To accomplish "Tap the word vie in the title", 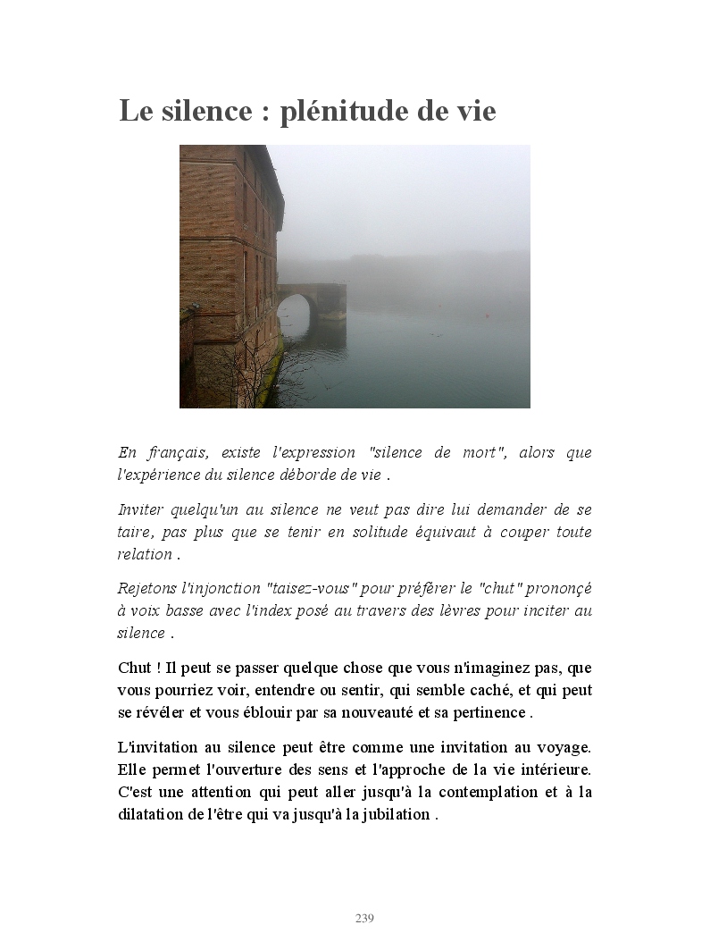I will pyautogui.click(x=470, y=113).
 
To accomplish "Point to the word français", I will pyautogui.click(x=174, y=452).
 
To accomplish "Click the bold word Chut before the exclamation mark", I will pyautogui.click(x=134, y=668).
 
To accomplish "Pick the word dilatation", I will pyautogui.click(x=149, y=814).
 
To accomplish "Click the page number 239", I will pyautogui.click(x=364, y=919).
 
